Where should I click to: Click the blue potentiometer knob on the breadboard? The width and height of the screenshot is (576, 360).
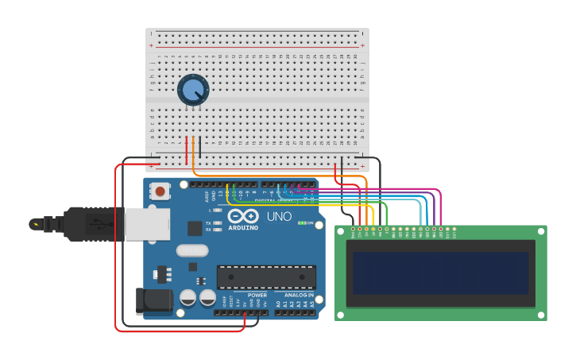coord(192,90)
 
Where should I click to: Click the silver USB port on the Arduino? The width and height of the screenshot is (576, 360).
coord(147,223)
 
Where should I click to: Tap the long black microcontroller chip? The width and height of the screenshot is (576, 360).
coord(266,277)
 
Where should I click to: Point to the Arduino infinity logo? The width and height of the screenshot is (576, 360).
coord(243,216)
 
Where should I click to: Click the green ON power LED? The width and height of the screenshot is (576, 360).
coord(301,223)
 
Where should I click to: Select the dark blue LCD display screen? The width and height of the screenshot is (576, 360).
coord(441,273)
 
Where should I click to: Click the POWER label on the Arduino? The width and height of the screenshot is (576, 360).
coord(257,295)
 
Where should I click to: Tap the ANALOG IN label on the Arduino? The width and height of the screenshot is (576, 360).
coord(300,295)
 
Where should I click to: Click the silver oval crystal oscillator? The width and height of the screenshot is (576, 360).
coord(191,251)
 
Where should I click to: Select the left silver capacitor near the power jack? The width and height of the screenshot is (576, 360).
coord(188,298)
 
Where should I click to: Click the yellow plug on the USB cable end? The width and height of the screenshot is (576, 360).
coord(35,224)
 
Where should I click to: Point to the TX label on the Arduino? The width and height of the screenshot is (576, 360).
coord(208,223)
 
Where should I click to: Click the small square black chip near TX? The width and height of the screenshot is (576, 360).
coord(195,228)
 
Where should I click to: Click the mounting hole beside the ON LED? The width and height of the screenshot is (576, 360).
coord(319,225)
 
